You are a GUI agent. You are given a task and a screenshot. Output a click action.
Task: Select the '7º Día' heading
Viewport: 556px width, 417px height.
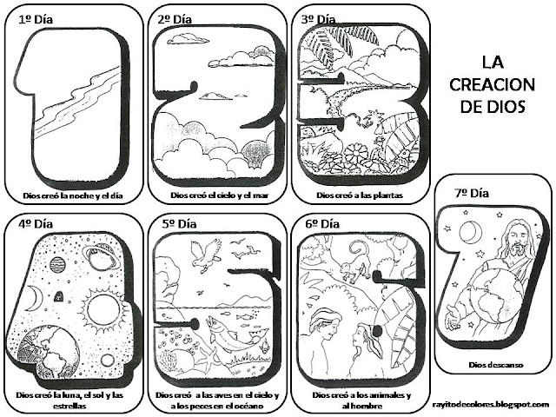click(x=460, y=194)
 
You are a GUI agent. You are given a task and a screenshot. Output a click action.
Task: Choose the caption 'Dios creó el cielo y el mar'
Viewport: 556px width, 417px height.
click(x=214, y=196)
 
